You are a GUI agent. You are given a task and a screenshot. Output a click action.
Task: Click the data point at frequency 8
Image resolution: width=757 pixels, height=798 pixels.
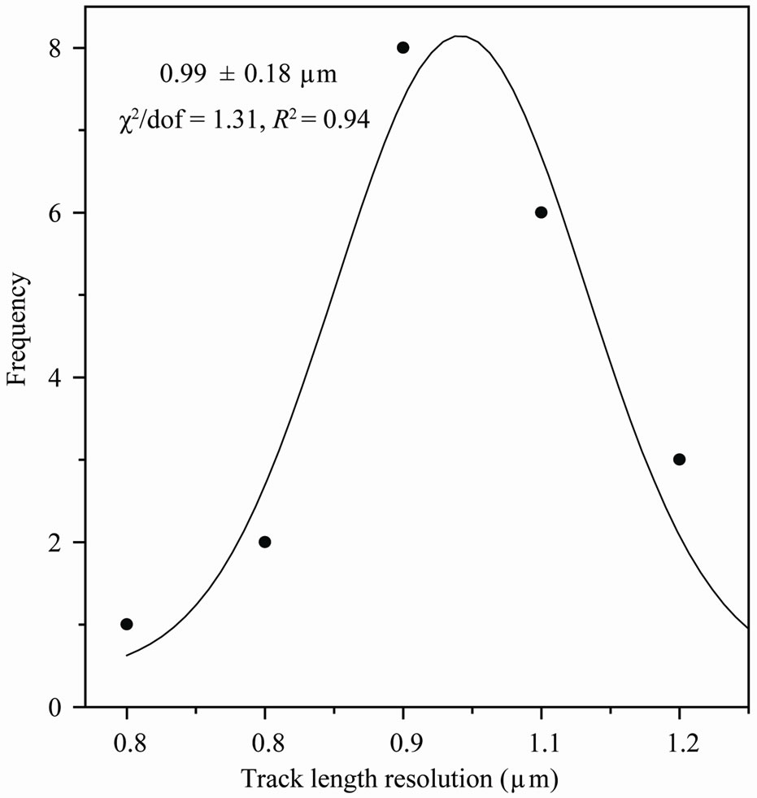point(402,48)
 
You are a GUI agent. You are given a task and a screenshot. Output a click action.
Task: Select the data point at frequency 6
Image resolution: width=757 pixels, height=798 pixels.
point(541,212)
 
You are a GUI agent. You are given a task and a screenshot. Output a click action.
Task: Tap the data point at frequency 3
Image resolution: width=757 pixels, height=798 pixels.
point(679,460)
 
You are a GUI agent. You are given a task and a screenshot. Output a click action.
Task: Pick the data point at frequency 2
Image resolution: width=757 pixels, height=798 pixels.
point(264,542)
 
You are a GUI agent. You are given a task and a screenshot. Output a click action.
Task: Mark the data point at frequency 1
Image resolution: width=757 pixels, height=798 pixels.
point(126,624)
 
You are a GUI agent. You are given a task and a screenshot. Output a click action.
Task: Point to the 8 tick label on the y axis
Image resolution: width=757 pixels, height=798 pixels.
point(56,48)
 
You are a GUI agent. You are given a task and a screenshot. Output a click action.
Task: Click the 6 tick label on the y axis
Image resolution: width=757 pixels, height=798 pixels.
point(56,213)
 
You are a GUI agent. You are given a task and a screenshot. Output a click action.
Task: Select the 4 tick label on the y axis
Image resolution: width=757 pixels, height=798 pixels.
point(56,377)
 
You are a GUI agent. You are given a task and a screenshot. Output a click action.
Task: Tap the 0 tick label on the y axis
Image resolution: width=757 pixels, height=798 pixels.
point(56,707)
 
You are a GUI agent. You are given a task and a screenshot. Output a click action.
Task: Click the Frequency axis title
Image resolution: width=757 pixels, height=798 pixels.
point(20,330)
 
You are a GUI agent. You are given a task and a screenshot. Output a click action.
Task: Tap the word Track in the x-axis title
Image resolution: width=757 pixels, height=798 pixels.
point(266,778)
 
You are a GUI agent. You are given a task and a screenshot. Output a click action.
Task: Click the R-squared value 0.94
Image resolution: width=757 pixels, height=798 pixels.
point(351,120)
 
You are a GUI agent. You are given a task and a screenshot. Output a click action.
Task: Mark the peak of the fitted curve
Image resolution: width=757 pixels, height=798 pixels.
point(459,37)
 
